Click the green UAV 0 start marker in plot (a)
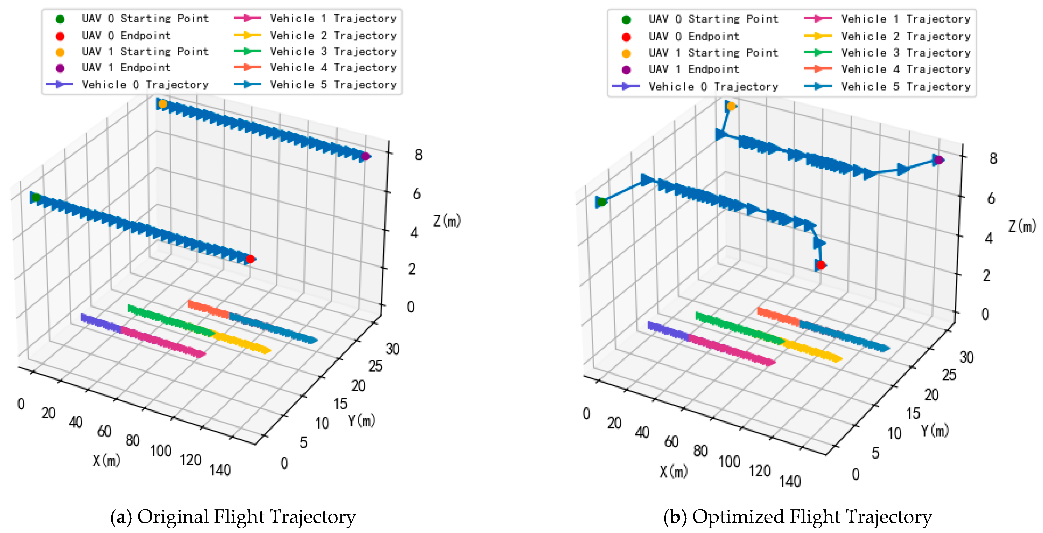click(36, 198)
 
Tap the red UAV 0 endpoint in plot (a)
click(250, 259)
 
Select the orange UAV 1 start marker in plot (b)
click(731, 106)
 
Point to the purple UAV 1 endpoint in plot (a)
click(365, 156)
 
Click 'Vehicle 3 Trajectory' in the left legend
click(333, 51)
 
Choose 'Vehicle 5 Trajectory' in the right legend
click(905, 86)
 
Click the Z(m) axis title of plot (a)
click(447, 221)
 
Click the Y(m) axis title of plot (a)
click(362, 421)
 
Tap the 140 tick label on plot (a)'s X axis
click(220, 470)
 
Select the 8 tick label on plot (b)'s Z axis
click(993, 158)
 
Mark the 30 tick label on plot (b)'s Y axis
click(967, 357)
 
